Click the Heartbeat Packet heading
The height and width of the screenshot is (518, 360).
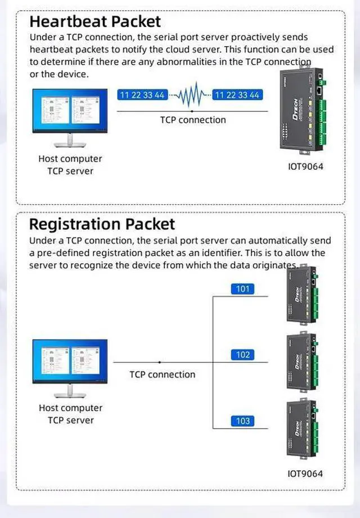point(94,22)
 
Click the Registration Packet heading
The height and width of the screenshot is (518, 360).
point(102,224)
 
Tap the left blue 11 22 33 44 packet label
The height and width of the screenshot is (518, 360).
point(142,95)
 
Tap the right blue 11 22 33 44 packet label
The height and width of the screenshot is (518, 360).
point(237,95)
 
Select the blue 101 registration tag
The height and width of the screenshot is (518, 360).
point(242,289)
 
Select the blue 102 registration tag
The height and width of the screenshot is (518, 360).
point(242,355)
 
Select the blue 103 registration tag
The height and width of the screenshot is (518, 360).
point(242,421)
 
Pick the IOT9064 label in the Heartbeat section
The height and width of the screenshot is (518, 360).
point(305,166)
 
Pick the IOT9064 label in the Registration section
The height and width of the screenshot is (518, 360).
point(305,474)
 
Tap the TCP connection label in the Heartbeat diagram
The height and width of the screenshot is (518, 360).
point(193,120)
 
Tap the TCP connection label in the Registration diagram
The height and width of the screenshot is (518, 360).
point(163,375)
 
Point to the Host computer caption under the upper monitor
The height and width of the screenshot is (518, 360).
point(70,159)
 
